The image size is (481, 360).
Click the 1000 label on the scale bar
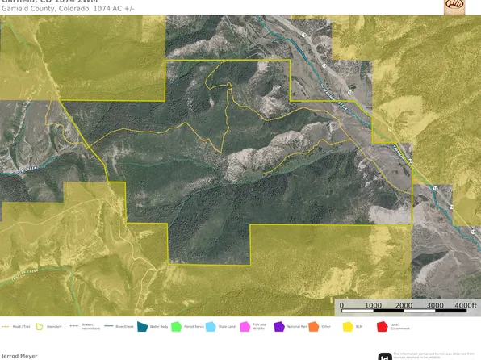[x=373, y=306]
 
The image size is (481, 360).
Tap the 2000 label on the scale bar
[x=404, y=306]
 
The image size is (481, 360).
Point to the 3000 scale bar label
[x=435, y=306]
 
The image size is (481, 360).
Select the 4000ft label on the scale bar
[x=466, y=306]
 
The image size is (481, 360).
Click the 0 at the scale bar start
[x=342, y=306]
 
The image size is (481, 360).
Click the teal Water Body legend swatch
[x=142, y=327]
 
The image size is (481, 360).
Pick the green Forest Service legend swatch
[x=176, y=327]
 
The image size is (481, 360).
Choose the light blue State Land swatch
[x=211, y=327]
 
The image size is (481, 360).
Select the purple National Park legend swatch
[x=279, y=327]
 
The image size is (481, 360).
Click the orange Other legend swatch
[x=313, y=327]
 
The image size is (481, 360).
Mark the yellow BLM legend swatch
[x=348, y=327]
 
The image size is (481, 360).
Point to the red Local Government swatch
[x=382, y=327]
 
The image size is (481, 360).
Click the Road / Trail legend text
[x=19, y=327]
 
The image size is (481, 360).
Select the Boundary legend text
[x=55, y=327]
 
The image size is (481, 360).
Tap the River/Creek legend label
[x=123, y=327]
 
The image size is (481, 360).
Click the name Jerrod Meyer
[x=19, y=355]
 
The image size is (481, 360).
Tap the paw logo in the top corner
[x=454, y=6]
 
